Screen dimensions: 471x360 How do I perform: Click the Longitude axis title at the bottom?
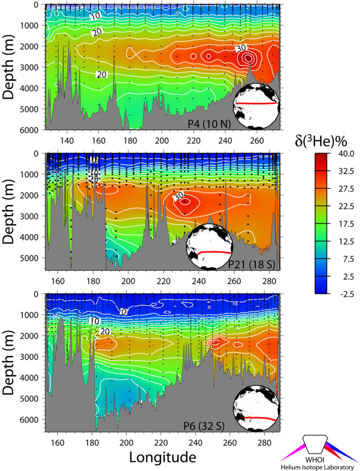(163, 457)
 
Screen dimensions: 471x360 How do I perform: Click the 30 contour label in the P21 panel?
(178, 196)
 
